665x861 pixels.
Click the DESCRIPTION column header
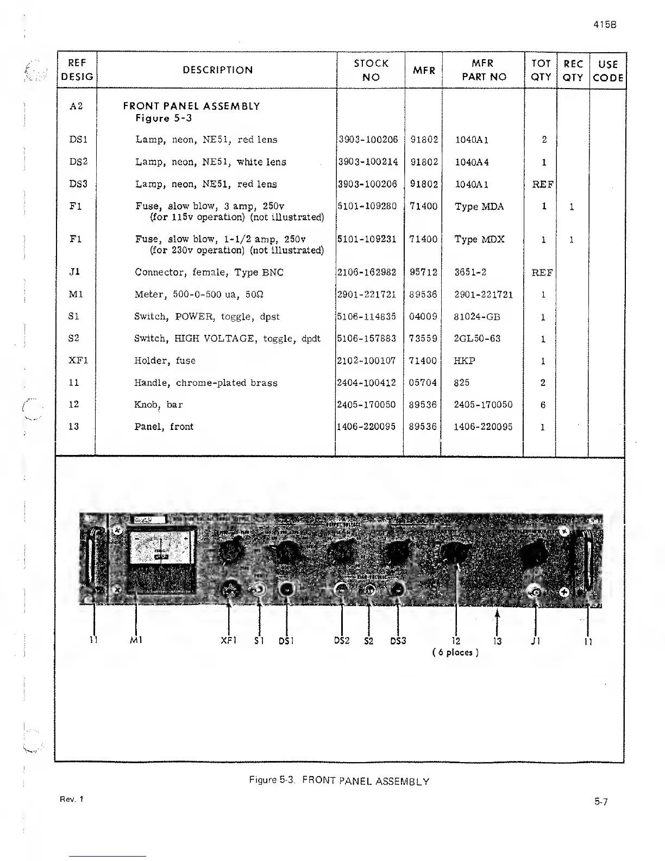click(217, 70)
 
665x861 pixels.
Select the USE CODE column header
click(607, 71)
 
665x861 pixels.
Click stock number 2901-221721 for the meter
click(367, 295)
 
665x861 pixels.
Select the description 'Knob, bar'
click(159, 404)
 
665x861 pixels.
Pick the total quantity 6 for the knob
click(543, 405)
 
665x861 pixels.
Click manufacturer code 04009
click(423, 316)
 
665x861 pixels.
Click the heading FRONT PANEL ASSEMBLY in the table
click(191, 106)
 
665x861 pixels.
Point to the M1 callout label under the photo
click(136, 640)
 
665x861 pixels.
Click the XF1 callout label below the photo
click(229, 641)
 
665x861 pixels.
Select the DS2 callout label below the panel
click(342, 641)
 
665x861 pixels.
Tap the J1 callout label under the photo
click(535, 641)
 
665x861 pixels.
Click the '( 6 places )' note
click(455, 652)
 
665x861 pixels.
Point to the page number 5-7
click(600, 802)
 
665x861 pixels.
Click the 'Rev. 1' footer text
click(72, 799)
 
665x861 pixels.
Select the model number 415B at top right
click(605, 24)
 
